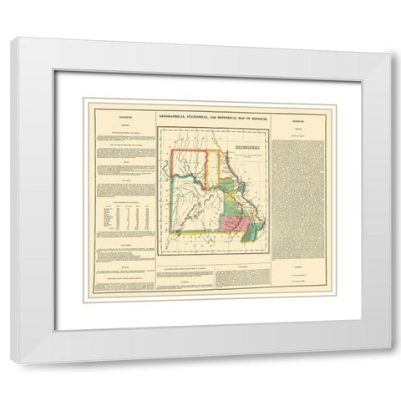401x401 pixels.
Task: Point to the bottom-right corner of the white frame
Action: (389, 363)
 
